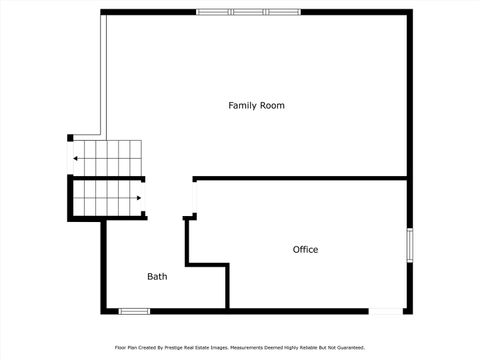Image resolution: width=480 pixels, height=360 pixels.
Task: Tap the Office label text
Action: click(x=305, y=249)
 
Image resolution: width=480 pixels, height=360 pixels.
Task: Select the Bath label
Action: click(x=157, y=276)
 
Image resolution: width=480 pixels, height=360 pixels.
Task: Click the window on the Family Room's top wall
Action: click(x=247, y=12)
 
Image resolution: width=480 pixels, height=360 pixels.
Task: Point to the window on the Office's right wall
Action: click(x=409, y=245)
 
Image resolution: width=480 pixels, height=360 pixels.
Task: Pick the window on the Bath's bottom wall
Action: click(x=134, y=311)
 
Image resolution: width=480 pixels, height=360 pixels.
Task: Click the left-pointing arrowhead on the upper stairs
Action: click(x=76, y=159)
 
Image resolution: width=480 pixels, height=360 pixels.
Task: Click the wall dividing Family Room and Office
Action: click(x=300, y=178)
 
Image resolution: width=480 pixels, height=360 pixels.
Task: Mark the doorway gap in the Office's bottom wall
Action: click(x=385, y=311)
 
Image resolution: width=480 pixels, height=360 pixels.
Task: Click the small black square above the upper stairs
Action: click(x=70, y=137)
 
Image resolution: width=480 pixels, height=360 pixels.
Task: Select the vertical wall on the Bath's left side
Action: click(x=103, y=265)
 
